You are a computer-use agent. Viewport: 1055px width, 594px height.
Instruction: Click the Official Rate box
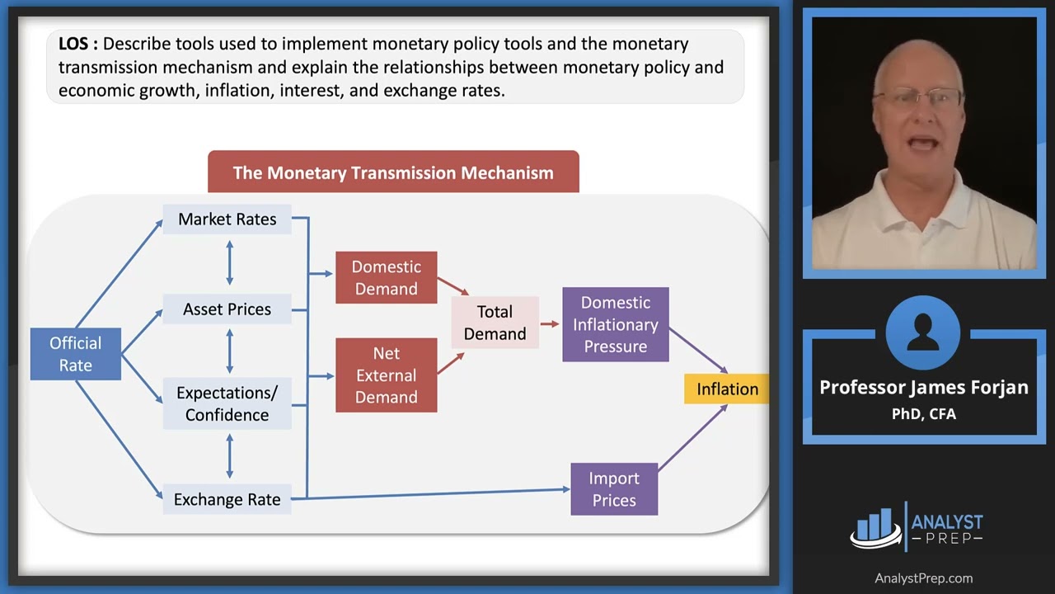(x=75, y=354)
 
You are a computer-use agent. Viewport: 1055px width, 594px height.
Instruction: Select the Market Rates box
(x=227, y=219)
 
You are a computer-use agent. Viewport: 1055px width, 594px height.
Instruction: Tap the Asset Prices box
(x=227, y=309)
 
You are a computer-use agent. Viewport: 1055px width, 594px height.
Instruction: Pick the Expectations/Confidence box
(x=227, y=403)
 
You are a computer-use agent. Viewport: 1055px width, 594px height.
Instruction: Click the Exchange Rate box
(x=227, y=499)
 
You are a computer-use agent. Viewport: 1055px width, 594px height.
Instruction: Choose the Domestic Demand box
(x=386, y=278)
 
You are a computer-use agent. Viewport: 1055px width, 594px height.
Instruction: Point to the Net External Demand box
(x=386, y=375)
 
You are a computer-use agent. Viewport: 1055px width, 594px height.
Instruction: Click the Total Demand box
(x=495, y=323)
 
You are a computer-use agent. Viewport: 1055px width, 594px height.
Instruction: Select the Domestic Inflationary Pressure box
(x=615, y=324)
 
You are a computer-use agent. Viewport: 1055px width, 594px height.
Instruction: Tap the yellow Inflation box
(x=727, y=389)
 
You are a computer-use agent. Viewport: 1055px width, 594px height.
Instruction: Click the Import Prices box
(x=614, y=489)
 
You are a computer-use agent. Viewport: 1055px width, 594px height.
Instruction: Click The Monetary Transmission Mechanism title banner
(x=393, y=172)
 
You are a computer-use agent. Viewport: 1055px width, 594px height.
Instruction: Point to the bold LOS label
(x=77, y=44)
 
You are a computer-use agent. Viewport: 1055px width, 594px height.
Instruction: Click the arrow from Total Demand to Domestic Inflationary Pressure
(x=550, y=323)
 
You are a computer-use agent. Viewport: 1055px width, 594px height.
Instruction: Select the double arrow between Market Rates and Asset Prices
(x=229, y=263)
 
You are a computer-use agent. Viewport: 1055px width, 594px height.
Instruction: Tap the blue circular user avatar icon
(x=923, y=332)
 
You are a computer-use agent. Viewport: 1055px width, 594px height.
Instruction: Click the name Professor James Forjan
(x=923, y=388)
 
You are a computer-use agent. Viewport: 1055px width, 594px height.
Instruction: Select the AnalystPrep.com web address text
(x=923, y=578)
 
